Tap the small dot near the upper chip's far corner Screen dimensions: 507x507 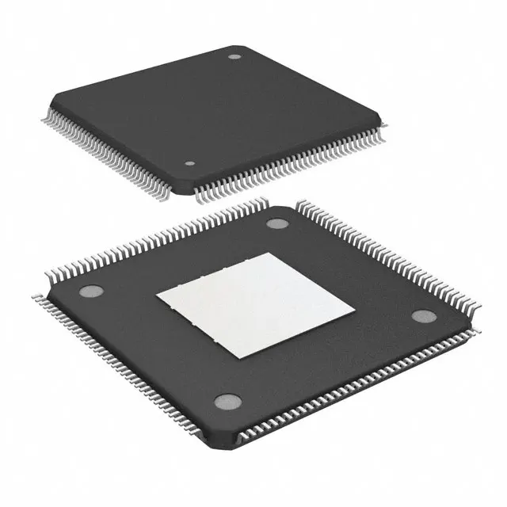coord(234,57)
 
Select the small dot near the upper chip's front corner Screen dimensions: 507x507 coord(189,165)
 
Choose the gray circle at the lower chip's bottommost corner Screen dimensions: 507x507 coord(229,402)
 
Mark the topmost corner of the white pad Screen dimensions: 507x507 coord(269,253)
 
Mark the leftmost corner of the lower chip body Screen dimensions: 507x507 coord(46,296)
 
